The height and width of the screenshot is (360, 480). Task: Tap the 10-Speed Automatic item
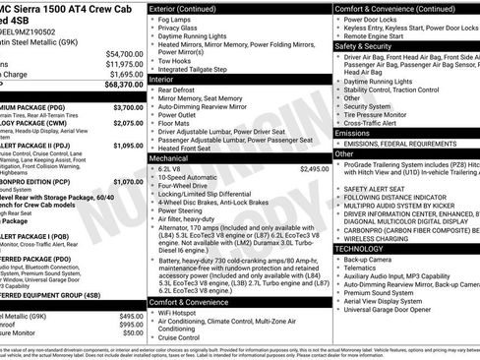(x=198, y=179)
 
